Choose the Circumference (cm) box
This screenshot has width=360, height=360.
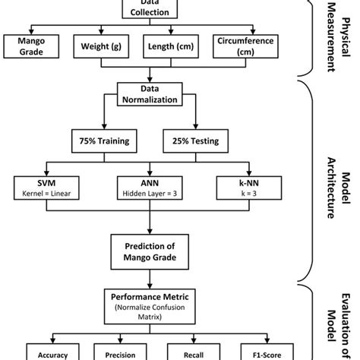tap(244, 46)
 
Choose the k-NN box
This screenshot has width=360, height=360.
tap(245, 186)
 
